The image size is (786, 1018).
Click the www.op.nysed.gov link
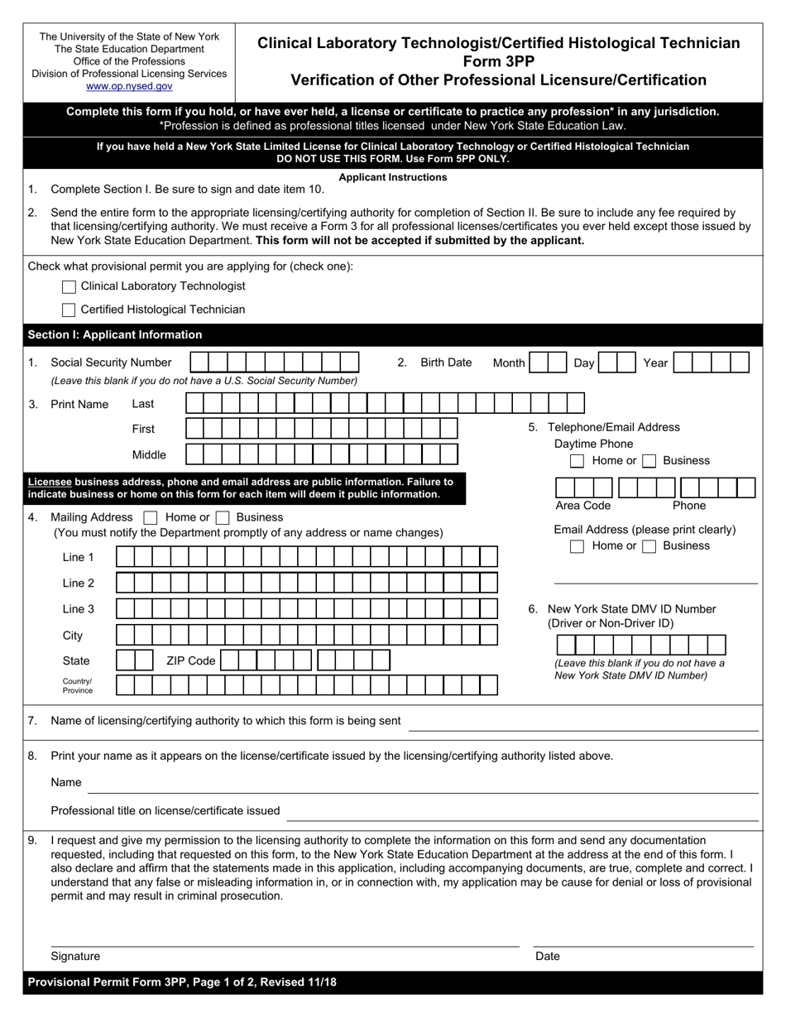[x=129, y=86]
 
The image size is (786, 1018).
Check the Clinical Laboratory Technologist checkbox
[x=69, y=286]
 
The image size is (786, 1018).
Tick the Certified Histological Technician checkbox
[x=69, y=310]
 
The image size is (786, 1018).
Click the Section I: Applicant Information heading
[x=115, y=334]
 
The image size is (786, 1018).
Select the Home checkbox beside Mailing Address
[x=151, y=517]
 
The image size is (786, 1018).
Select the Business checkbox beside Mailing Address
[x=222, y=517]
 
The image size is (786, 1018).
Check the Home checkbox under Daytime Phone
[x=578, y=461]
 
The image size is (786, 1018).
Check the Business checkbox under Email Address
[x=649, y=546]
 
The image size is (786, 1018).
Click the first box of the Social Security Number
[x=199, y=363]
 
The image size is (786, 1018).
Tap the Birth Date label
[x=446, y=363]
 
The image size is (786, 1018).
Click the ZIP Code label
[x=190, y=660]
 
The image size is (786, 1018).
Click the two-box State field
[x=134, y=660]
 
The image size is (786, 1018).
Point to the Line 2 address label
[x=79, y=583]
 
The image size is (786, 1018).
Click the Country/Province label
[x=78, y=685]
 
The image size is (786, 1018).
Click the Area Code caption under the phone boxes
[x=582, y=506]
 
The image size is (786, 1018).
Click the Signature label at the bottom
[x=75, y=956]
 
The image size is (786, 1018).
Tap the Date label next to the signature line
[x=548, y=956]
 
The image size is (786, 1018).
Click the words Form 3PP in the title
[x=499, y=61]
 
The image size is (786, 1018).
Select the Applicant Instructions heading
[x=393, y=177]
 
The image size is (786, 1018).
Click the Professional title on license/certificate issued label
[x=165, y=810]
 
